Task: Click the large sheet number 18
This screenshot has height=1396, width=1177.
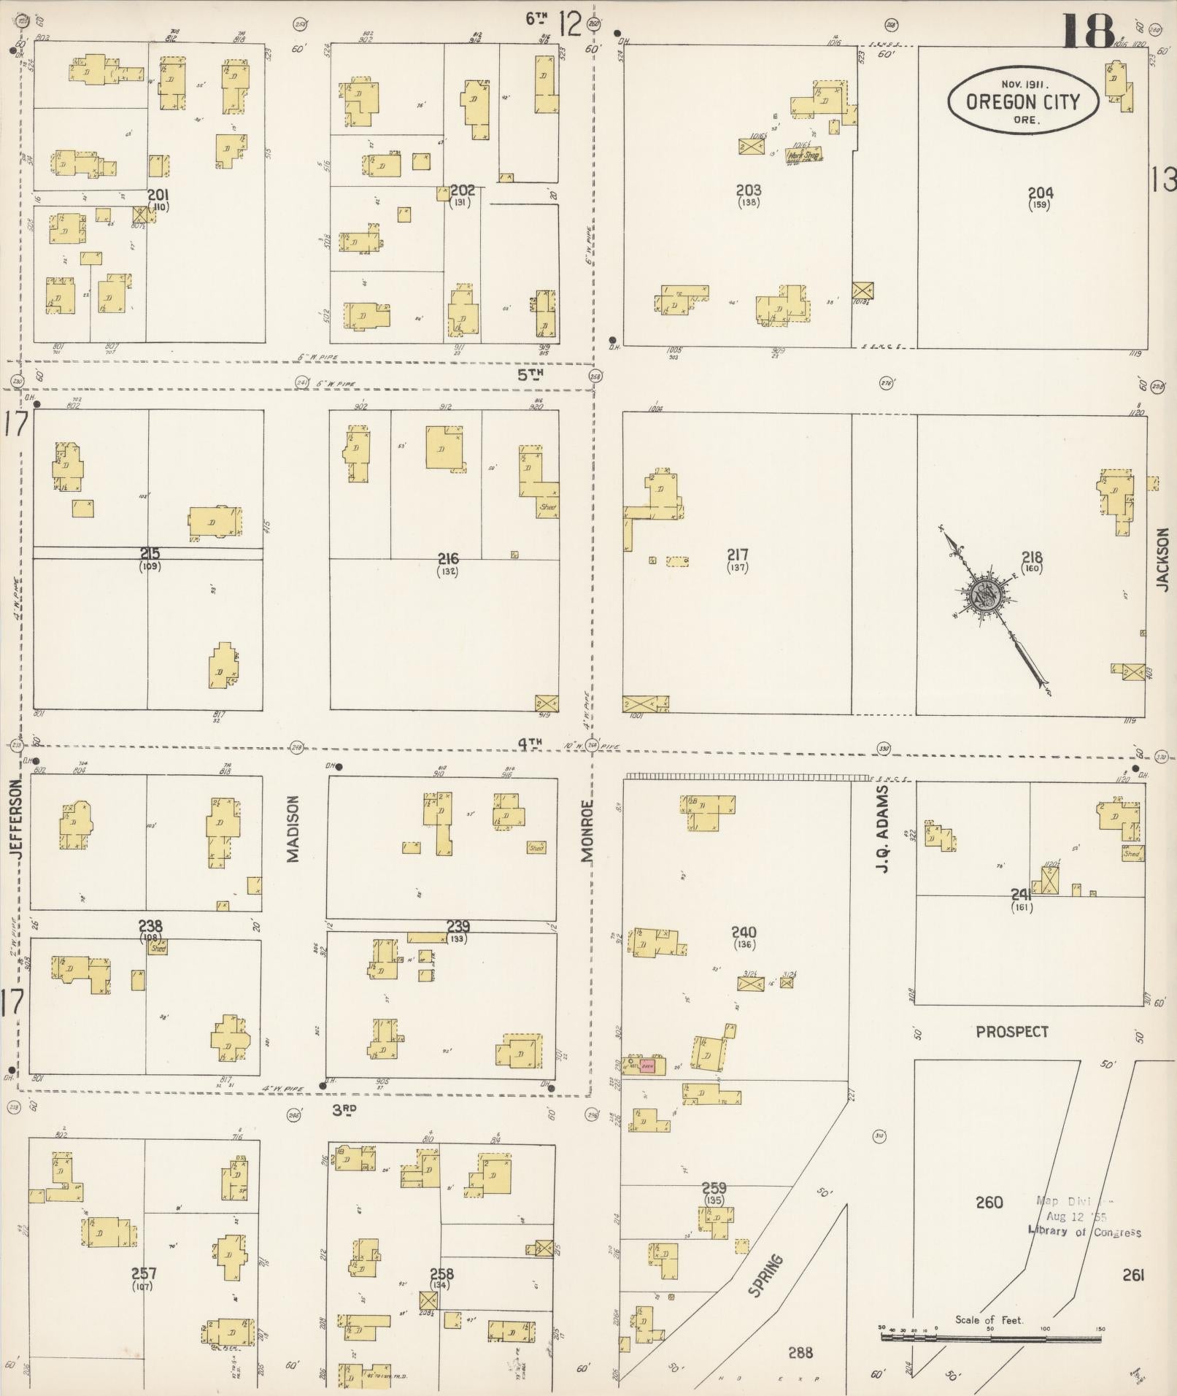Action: coord(1088,31)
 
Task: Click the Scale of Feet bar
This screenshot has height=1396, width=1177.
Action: coord(990,1338)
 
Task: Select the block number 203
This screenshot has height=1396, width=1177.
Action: coord(749,191)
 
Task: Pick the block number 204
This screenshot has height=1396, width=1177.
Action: coord(1041,193)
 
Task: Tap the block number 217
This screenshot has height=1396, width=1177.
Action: coord(738,555)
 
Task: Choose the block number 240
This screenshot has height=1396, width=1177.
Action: coord(745,932)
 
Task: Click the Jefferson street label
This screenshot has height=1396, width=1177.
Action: coord(17,817)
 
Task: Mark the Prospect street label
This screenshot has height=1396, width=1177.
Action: coord(1012,1032)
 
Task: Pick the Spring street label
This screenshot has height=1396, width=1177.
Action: coord(766,1275)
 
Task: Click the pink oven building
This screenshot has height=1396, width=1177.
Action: coord(648,1066)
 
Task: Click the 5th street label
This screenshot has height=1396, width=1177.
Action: coord(531,375)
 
